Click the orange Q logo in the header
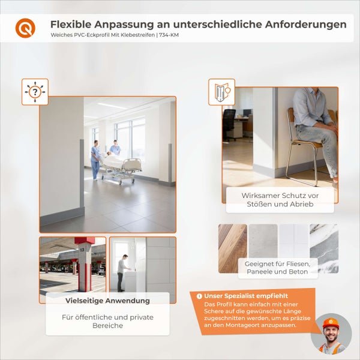25,28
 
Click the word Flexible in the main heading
70,25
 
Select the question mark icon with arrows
35,92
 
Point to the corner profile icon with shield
221,92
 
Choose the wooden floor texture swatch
232,248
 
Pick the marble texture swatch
324,248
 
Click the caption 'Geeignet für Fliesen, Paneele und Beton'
277,268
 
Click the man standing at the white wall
123,272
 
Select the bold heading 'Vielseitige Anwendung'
107,301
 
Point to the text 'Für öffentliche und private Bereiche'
107,321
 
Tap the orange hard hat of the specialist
331,323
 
